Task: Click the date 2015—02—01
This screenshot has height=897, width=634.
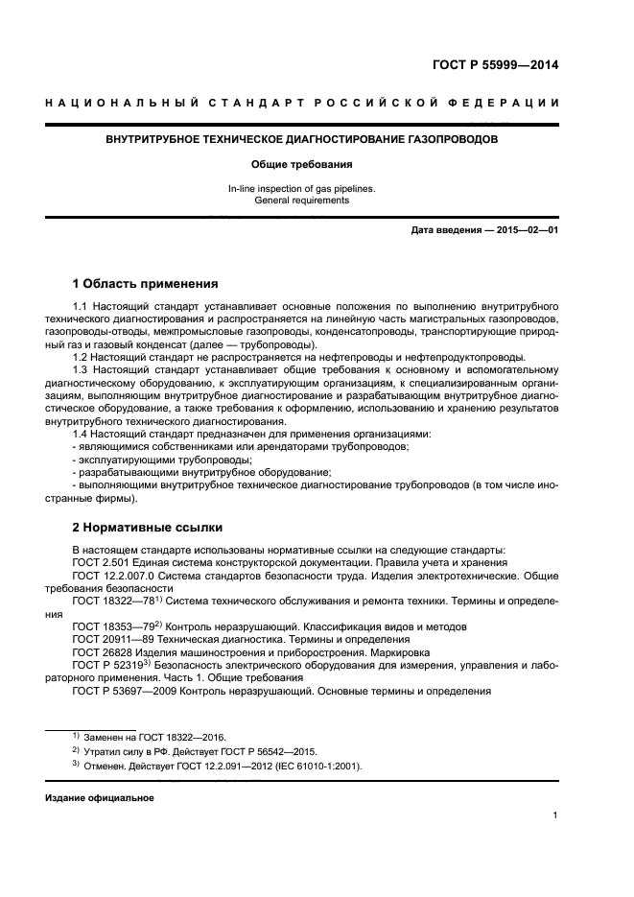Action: click(526, 231)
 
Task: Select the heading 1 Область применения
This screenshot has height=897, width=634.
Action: click(145, 284)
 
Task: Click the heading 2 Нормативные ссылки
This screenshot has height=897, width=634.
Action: click(148, 527)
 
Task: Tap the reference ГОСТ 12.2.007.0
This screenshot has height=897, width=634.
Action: click(113, 576)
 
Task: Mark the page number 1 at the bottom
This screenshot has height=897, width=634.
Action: click(555, 815)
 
